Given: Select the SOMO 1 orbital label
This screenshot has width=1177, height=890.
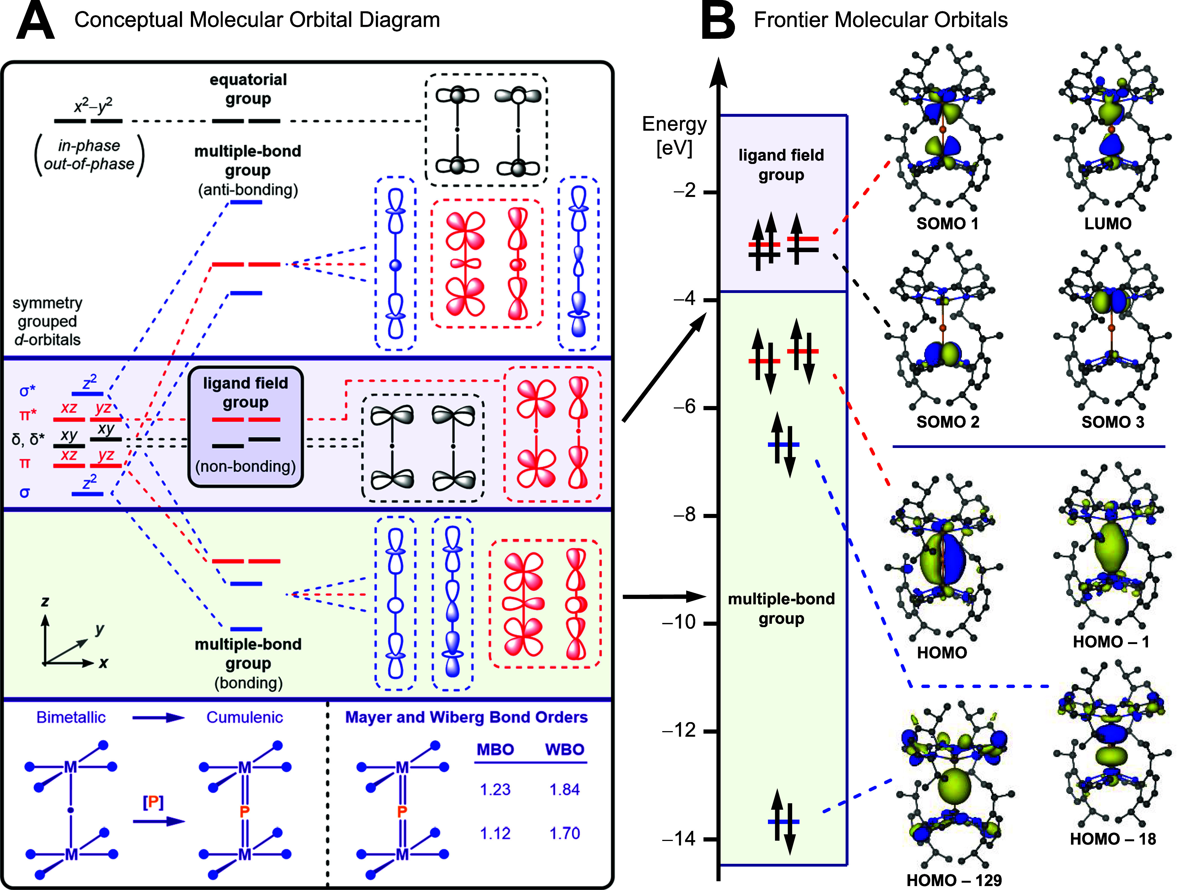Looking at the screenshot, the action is [x=947, y=223].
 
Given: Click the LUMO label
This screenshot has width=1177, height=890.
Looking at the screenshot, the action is [x=1108, y=223].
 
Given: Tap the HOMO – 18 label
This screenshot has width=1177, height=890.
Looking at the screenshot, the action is [x=1113, y=839].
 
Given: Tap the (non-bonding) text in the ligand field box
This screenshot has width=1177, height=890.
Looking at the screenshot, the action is [x=245, y=466].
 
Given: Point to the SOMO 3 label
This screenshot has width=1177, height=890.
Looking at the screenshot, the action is [x=1113, y=422].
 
